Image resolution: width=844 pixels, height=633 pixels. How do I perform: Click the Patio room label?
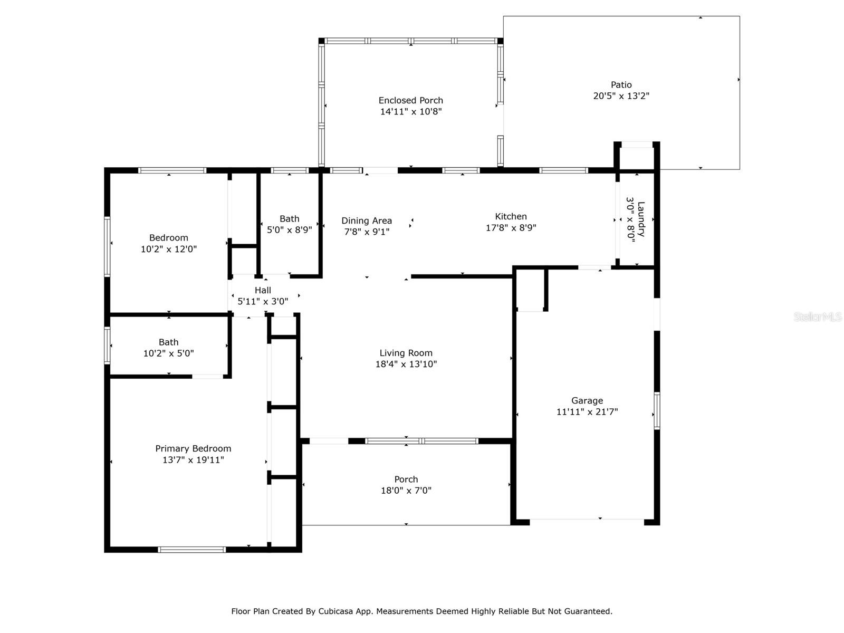tap(621, 84)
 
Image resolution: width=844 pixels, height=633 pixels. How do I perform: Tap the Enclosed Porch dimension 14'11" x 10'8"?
tap(411, 111)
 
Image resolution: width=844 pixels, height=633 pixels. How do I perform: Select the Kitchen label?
tap(511, 216)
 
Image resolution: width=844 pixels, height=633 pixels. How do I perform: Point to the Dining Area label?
tap(367, 220)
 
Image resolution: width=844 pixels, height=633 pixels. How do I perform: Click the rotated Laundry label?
tap(640, 219)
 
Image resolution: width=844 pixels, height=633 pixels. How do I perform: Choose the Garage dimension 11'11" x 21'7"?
tap(587, 411)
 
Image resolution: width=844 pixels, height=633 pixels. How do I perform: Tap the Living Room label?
tap(406, 353)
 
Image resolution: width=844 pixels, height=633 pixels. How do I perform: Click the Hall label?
tap(263, 290)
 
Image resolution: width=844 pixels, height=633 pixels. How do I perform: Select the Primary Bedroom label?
tap(193, 448)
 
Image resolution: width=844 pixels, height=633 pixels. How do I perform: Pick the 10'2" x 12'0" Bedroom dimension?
tap(169, 249)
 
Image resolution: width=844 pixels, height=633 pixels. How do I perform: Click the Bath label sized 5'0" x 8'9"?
tap(290, 219)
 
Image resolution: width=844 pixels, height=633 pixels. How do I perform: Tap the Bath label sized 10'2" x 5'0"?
tap(168, 342)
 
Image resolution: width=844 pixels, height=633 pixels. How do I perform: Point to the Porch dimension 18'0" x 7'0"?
tap(406, 491)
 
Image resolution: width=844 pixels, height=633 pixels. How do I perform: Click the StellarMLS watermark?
tap(818, 316)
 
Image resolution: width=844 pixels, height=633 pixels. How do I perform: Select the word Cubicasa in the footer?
tap(335, 611)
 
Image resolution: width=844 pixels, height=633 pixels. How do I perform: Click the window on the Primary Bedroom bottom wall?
tap(191, 550)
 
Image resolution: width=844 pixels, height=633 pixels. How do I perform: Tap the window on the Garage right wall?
tap(657, 410)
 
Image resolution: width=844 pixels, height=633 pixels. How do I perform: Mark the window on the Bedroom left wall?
tap(107, 246)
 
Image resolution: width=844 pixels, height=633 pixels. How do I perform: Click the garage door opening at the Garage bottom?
tap(587, 520)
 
